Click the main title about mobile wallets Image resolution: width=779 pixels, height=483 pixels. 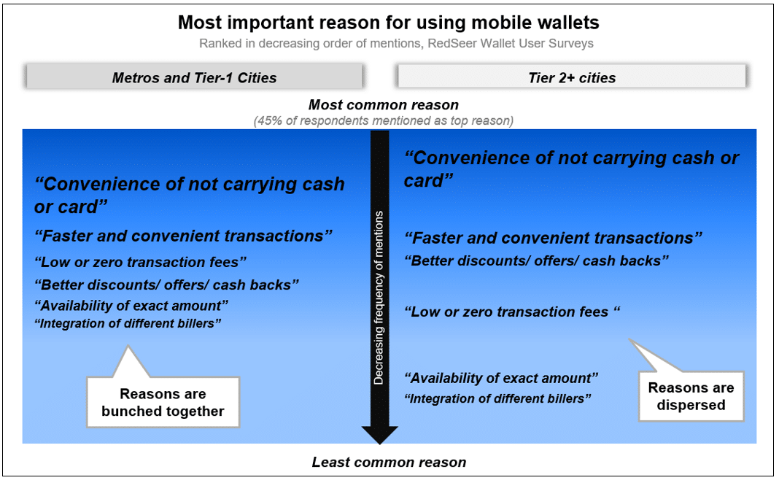point(389,23)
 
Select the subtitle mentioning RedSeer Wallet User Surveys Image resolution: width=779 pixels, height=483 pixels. point(396,43)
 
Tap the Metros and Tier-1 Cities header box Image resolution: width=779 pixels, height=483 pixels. point(194,77)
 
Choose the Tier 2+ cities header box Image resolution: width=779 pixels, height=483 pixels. point(572,77)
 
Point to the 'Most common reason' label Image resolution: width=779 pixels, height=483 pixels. point(384,105)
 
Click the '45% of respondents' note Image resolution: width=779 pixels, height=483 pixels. point(384,121)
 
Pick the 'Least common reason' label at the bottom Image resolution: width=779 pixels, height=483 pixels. point(389,462)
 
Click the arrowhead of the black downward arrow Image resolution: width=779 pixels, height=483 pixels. point(379,436)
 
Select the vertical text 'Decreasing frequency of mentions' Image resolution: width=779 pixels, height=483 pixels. point(379,298)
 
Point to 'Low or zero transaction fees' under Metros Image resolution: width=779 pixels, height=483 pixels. point(141,262)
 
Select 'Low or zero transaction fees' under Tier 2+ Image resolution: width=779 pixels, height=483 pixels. point(512,312)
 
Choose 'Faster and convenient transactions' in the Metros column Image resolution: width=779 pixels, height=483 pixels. point(183,236)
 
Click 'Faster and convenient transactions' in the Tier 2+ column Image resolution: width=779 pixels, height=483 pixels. point(554,238)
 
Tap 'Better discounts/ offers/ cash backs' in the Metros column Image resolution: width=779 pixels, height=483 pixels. point(167,285)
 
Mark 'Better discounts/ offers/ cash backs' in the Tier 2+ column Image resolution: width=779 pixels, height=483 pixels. point(537,260)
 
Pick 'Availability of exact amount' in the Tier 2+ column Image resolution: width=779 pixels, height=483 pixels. point(501,378)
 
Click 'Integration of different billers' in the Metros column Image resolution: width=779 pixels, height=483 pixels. point(128,323)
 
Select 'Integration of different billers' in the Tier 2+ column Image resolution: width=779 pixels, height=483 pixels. point(497,398)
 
